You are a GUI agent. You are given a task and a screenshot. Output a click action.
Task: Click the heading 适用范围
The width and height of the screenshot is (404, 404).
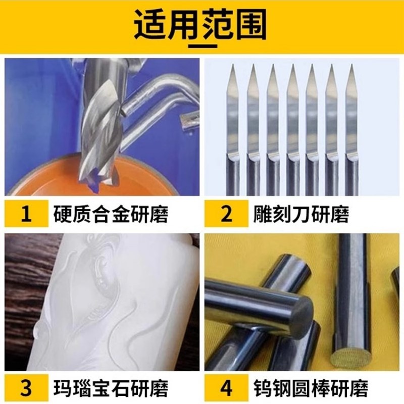202,25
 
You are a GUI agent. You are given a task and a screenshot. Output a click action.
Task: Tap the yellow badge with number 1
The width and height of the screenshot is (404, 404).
26,214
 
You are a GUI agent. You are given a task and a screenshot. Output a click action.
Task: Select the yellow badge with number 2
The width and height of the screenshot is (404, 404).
226,214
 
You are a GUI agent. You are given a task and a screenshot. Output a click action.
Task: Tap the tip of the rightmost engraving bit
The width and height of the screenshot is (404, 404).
350,65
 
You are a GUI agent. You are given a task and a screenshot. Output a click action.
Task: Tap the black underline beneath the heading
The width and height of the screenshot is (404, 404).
202,44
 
